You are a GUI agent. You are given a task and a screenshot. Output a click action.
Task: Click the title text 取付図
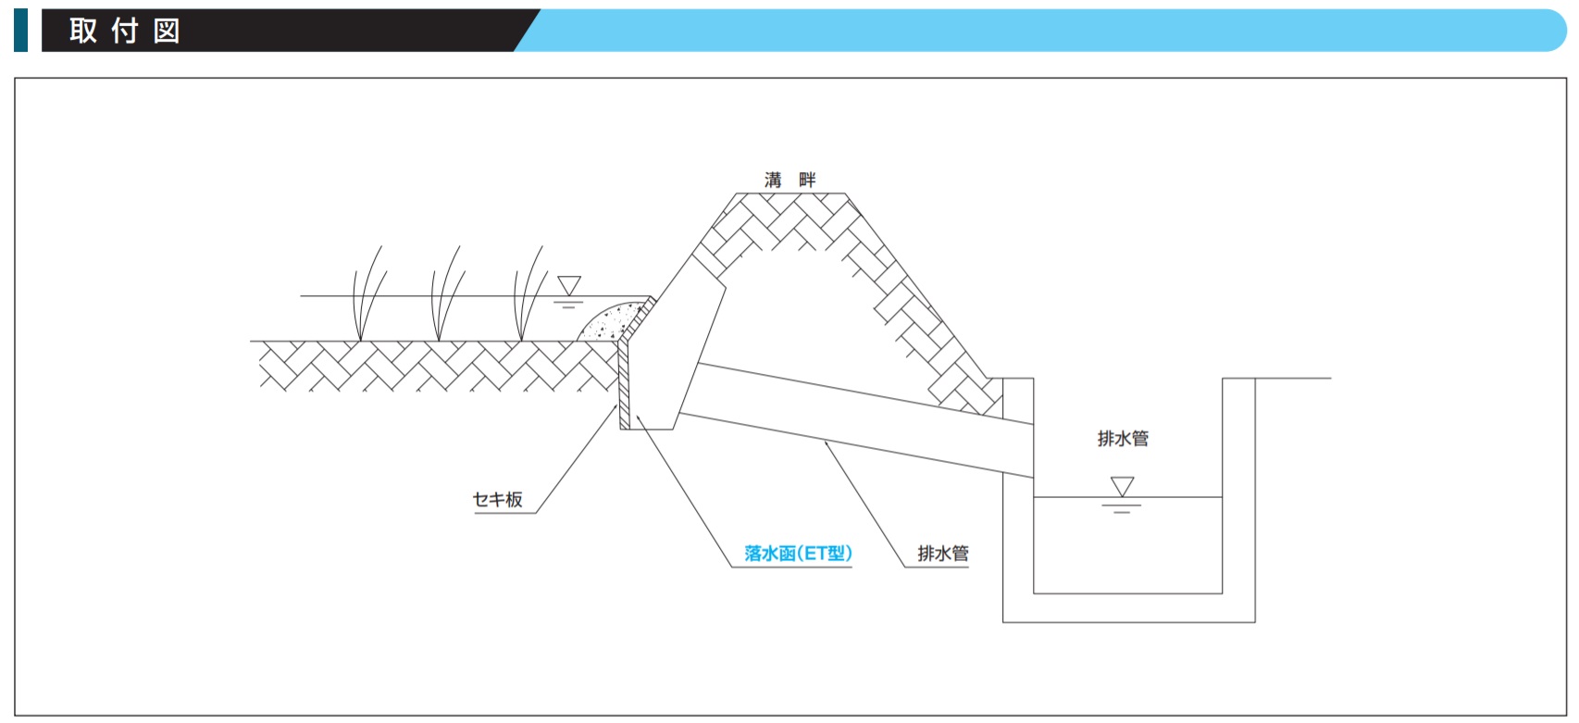click(x=125, y=31)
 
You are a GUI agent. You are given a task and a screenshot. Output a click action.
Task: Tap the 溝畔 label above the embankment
click(x=790, y=180)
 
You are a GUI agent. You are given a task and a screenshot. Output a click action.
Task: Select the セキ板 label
click(x=498, y=500)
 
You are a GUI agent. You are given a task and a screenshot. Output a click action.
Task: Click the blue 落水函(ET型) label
click(x=798, y=554)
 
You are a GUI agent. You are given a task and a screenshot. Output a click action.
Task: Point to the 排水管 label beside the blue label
click(x=943, y=554)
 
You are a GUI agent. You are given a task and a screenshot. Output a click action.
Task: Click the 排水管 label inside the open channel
click(x=1123, y=439)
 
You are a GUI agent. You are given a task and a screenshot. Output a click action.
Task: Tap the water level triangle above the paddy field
click(x=569, y=285)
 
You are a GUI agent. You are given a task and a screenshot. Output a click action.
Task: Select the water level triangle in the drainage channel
click(x=1122, y=487)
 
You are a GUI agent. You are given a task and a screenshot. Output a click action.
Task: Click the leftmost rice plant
click(x=368, y=293)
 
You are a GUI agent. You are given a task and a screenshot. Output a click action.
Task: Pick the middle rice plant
click(x=445, y=293)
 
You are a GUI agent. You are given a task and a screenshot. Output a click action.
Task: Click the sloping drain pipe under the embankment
click(x=856, y=420)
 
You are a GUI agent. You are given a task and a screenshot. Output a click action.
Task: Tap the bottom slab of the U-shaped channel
click(x=1128, y=608)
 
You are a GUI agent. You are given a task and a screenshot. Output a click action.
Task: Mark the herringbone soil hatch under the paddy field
click(x=437, y=366)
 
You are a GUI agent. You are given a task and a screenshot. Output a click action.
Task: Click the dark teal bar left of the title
click(x=21, y=31)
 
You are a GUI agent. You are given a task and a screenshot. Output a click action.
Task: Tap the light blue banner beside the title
click(x=1043, y=31)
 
